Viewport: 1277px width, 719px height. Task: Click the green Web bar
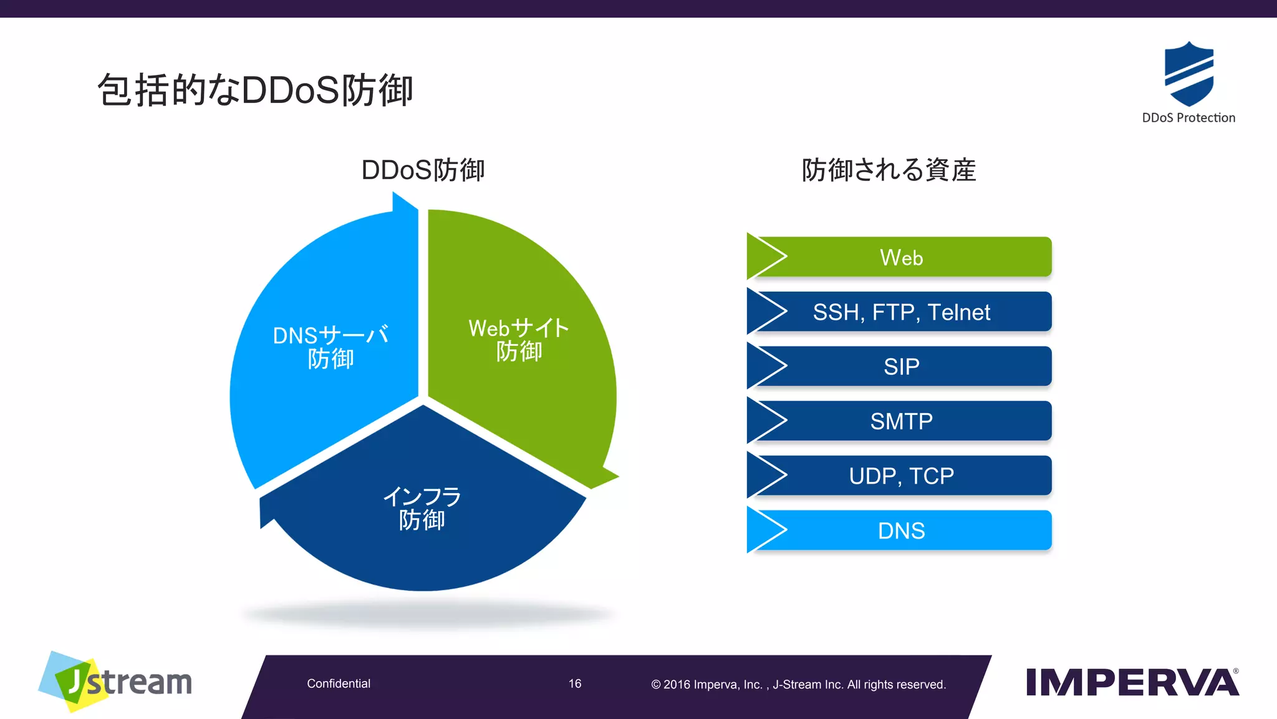pos(902,257)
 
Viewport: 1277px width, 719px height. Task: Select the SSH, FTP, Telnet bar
pos(902,312)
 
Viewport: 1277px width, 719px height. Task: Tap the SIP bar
pos(902,366)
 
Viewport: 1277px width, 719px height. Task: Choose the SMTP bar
pos(902,421)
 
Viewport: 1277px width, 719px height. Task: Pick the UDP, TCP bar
pos(902,476)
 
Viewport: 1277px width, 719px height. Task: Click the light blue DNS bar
pos(902,531)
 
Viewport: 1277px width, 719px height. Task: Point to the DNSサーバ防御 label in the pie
pos(330,347)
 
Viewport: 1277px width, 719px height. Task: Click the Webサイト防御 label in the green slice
pos(518,340)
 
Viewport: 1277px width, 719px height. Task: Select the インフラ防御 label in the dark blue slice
pos(422,509)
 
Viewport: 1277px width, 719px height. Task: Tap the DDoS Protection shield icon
pos(1188,74)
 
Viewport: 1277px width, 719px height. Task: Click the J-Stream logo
pos(115,682)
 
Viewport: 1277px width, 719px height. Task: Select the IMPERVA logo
pos(1132,682)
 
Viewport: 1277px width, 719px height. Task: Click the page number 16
pos(575,684)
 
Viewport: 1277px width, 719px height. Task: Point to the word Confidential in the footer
pos(339,684)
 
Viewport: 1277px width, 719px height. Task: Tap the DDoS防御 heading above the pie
pos(423,170)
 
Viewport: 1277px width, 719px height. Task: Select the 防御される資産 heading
pos(889,170)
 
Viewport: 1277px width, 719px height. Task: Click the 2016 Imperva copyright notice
pos(798,685)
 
